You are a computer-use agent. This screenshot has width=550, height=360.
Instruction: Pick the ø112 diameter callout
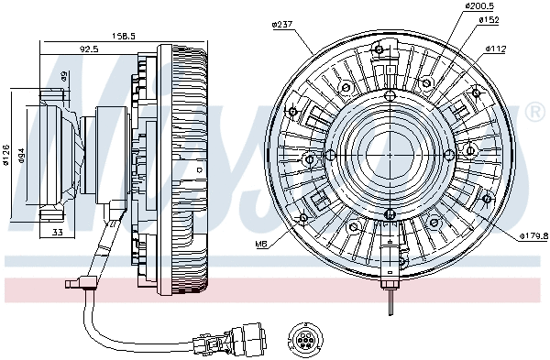click(496, 49)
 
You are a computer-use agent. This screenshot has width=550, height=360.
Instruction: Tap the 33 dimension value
click(56, 234)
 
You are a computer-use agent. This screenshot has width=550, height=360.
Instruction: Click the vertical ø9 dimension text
click(64, 77)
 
